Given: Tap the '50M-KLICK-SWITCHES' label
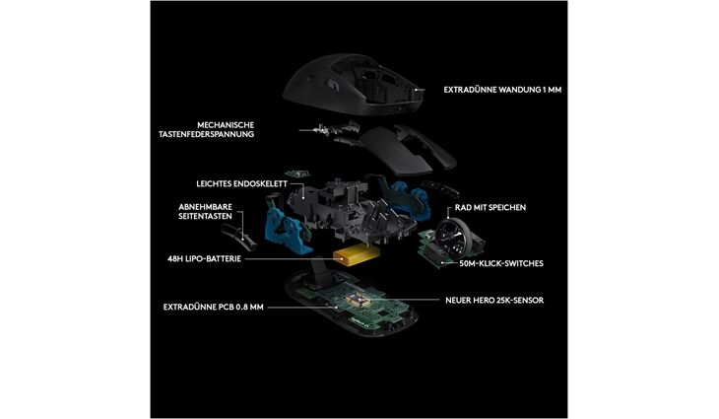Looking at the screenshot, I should [x=500, y=263].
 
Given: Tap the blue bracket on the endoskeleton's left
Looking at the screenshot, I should [x=283, y=230].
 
